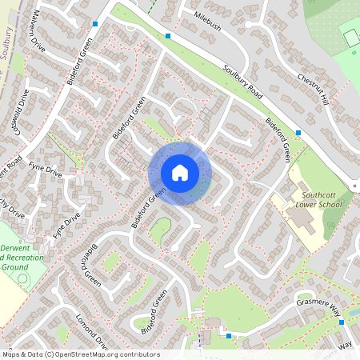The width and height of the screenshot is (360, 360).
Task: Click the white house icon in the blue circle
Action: [180, 173]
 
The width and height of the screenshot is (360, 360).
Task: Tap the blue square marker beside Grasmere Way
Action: [342, 322]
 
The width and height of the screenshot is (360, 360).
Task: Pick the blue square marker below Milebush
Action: [168, 36]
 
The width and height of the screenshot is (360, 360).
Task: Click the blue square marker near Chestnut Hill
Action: [298, 132]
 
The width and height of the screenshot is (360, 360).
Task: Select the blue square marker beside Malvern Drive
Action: [95, 24]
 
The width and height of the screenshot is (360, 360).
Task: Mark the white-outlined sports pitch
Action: [350, 36]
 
